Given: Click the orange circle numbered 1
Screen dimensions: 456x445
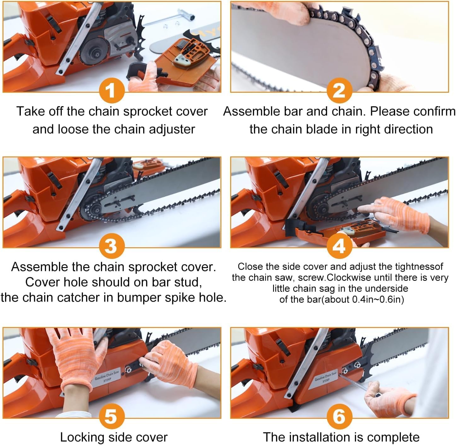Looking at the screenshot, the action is (x=112, y=91).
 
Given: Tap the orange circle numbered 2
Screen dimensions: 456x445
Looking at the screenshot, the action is (x=339, y=91).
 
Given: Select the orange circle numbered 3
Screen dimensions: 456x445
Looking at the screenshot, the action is (x=112, y=246).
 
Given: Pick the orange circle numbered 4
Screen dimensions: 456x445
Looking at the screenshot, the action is (x=339, y=246).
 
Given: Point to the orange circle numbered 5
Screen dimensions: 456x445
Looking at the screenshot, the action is (x=112, y=416).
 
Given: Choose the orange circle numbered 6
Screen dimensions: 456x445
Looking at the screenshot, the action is (x=339, y=416).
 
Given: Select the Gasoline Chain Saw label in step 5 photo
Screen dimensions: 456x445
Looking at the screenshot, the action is (x=107, y=376).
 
